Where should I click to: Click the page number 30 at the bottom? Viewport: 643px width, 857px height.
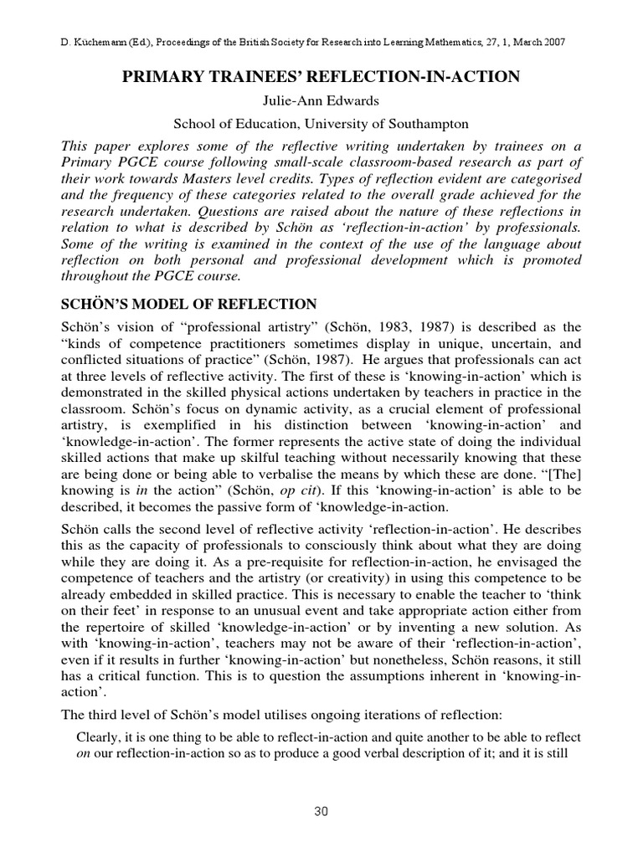(321, 810)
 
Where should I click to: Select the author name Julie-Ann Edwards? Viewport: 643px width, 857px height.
(321, 101)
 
